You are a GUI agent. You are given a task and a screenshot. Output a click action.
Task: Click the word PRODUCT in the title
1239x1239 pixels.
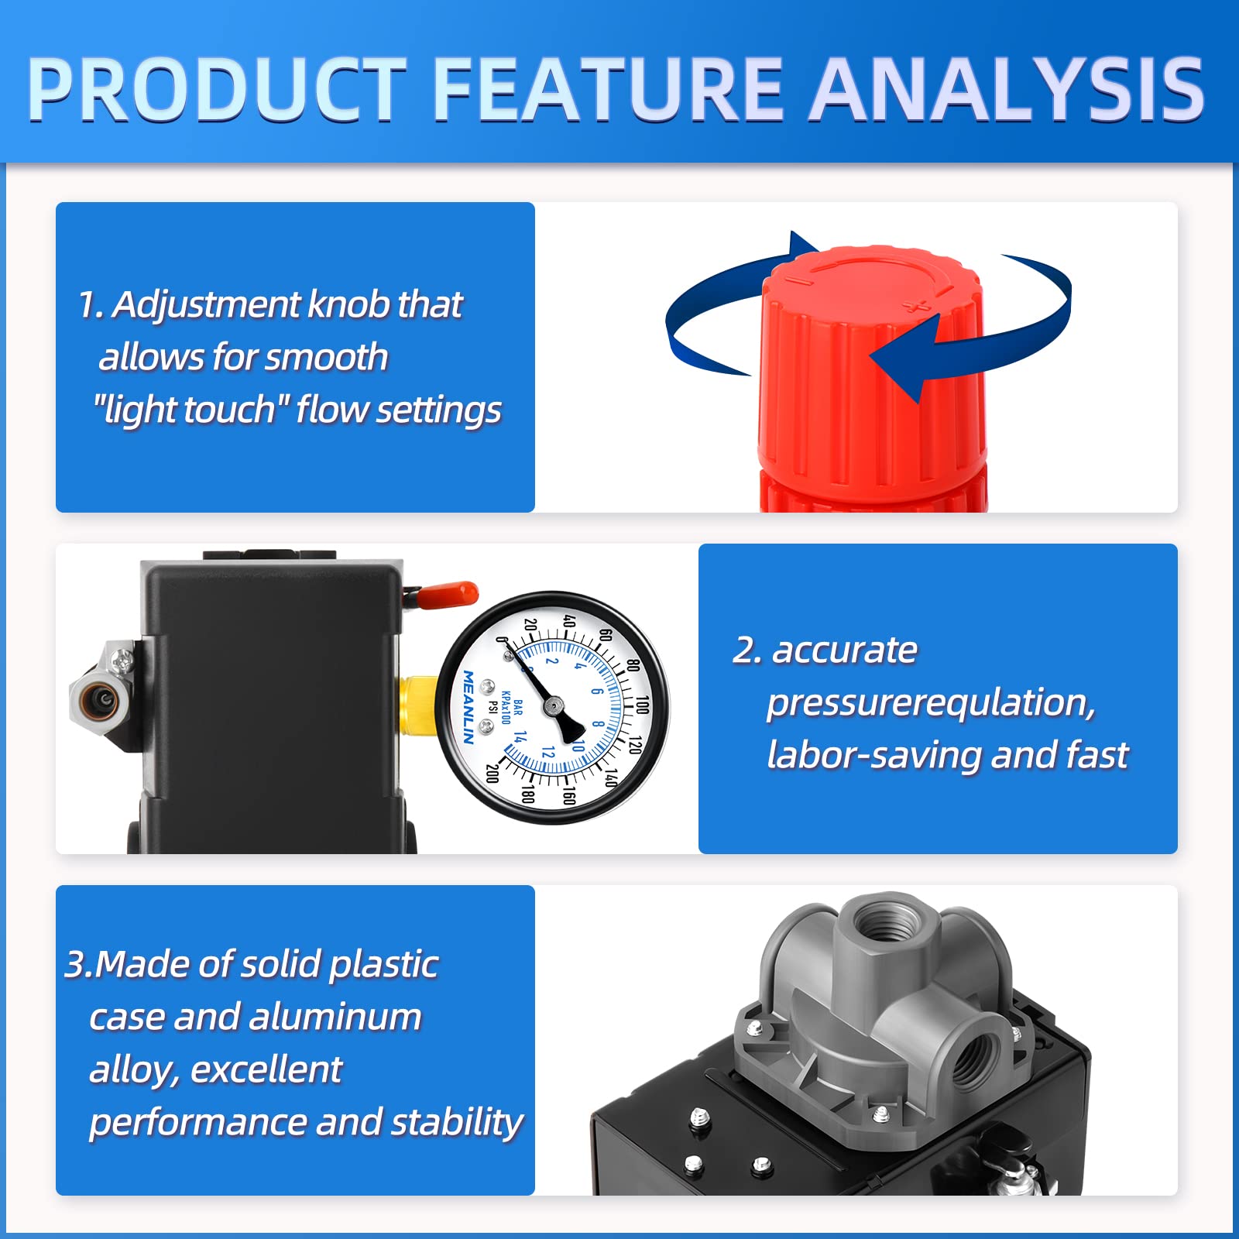217,89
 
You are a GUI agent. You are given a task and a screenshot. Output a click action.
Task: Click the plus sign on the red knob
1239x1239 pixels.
918,304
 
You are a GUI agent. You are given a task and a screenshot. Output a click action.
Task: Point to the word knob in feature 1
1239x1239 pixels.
348,304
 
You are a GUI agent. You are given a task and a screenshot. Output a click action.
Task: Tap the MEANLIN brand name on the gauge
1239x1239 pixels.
468,706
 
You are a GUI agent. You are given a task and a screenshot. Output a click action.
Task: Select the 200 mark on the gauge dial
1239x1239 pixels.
491,772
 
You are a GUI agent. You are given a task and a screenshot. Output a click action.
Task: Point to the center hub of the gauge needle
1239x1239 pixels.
553,705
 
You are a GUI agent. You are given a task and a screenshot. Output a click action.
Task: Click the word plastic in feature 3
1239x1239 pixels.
383,964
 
